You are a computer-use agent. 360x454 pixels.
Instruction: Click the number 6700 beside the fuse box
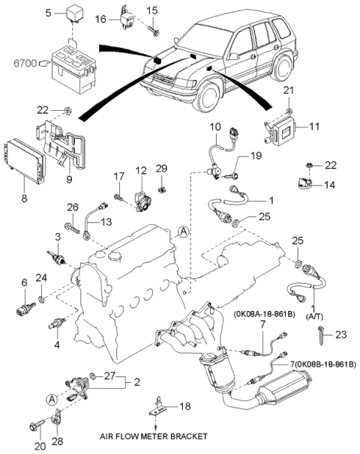(x=25, y=63)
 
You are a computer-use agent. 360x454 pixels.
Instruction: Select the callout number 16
(x=100, y=19)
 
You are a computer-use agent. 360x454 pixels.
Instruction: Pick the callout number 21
(x=288, y=91)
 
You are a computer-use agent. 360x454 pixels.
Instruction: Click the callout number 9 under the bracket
(x=69, y=180)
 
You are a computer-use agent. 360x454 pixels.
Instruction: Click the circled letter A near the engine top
(x=183, y=231)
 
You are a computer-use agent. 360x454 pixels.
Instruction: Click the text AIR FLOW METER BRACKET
(x=154, y=436)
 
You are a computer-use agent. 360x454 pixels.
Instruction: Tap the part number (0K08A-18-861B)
(x=265, y=315)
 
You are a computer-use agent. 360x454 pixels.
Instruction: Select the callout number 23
(x=340, y=335)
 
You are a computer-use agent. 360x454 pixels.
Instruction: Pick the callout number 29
(x=161, y=169)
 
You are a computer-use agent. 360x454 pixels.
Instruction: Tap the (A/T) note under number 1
(x=314, y=317)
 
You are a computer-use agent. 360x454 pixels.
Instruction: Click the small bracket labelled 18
(x=157, y=407)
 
